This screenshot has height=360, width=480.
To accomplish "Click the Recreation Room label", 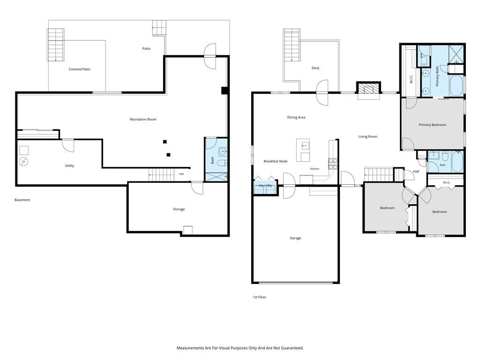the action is [x=143, y=120].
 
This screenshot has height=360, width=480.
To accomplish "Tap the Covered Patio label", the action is [x=79, y=69].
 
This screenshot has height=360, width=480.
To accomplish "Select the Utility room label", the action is [x=69, y=165].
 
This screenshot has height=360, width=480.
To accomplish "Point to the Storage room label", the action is [x=179, y=209].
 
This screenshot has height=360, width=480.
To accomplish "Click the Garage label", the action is [x=295, y=238].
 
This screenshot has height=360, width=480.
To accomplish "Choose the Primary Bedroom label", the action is [x=432, y=125].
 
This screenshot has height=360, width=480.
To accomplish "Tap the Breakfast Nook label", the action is [x=276, y=161].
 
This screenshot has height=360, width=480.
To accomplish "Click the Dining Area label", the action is [x=296, y=117].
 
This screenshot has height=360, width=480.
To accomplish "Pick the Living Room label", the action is [x=367, y=136].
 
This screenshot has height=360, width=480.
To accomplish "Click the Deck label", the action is [x=315, y=68].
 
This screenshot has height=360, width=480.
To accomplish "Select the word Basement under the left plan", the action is [x=22, y=200].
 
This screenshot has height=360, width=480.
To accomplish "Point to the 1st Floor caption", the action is [x=259, y=297].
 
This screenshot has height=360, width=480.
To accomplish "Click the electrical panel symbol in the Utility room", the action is [x=23, y=162].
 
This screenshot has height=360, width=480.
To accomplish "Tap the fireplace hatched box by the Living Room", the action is [x=368, y=89].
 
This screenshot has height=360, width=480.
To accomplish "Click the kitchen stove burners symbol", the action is [x=333, y=164].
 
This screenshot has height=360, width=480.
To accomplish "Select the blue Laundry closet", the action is [x=265, y=187].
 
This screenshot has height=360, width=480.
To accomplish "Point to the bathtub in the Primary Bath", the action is [x=457, y=86].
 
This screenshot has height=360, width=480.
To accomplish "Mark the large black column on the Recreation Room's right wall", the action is [x=225, y=90].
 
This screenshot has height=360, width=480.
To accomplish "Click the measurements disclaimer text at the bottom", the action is [x=240, y=348].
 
